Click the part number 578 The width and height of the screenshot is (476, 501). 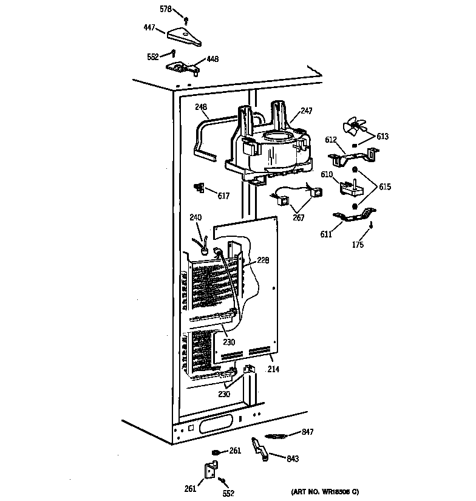[165, 10]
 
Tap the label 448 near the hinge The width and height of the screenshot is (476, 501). [212, 59]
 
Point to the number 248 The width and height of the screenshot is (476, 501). [201, 107]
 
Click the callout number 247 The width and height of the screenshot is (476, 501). [307, 112]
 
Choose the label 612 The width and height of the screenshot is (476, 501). [330, 140]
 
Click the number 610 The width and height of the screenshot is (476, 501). [327, 175]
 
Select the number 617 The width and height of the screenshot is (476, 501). [223, 196]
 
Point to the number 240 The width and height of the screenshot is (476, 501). [195, 217]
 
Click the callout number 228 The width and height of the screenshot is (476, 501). [262, 261]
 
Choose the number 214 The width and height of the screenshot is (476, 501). [273, 368]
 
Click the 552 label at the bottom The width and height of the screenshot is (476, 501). [228, 494]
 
